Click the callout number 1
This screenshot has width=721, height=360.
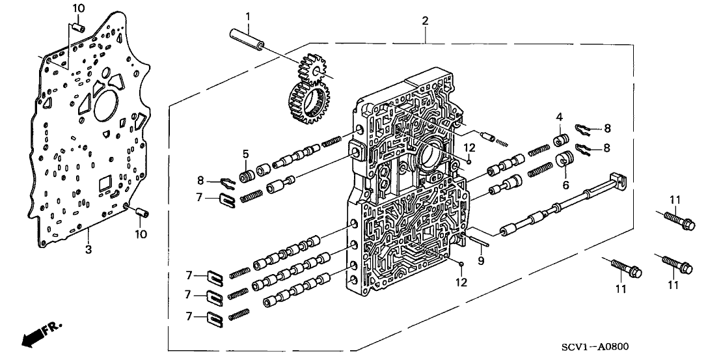click(x=247, y=15)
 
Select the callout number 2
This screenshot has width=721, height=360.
click(x=424, y=21)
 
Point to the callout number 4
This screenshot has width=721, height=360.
click(x=558, y=117)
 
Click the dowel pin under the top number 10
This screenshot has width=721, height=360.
click(x=77, y=28)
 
